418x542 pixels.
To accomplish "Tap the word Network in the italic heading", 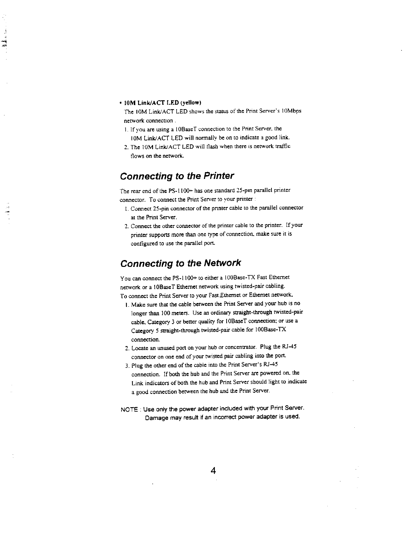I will pyautogui.click(x=223, y=263).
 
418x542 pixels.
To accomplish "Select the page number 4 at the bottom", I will pyautogui.click(x=213, y=471).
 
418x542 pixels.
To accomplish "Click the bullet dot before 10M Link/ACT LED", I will pyautogui.click(x=121, y=103).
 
